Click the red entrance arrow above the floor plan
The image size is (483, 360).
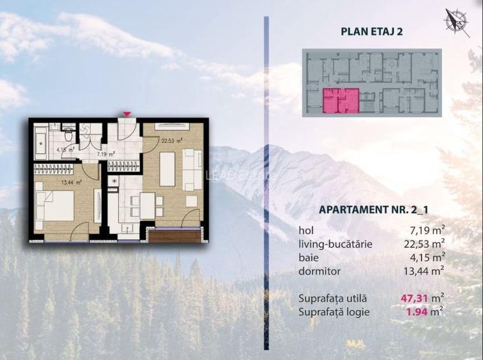click(x=127, y=114)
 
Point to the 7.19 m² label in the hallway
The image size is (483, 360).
click(x=106, y=154)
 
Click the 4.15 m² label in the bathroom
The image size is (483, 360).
click(x=66, y=150)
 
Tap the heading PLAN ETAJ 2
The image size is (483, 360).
click(x=372, y=30)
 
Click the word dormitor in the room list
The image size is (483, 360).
click(x=320, y=271)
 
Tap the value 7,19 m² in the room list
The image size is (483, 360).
click(x=424, y=230)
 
